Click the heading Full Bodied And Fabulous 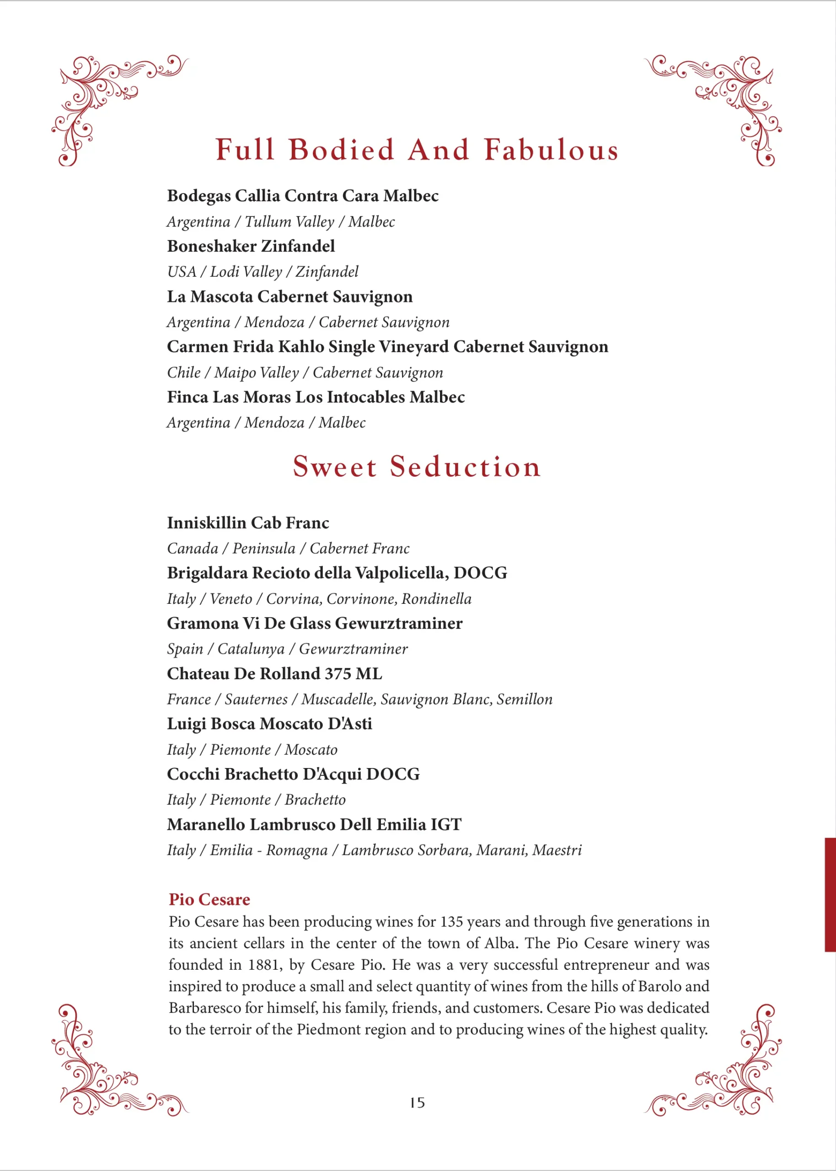pos(417,150)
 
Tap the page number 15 pos(417,1102)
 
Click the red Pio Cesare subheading pos(209,899)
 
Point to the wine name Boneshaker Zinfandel pos(251,246)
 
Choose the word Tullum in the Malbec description pos(263,222)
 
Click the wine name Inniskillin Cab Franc pos(247,522)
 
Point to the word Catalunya pos(251,649)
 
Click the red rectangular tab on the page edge pos(830,895)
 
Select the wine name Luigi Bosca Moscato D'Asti pos(269,724)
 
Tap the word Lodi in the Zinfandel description pos(225,272)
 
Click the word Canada pos(193,548)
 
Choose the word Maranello pos(206,824)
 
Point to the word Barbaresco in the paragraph pos(204,1007)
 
